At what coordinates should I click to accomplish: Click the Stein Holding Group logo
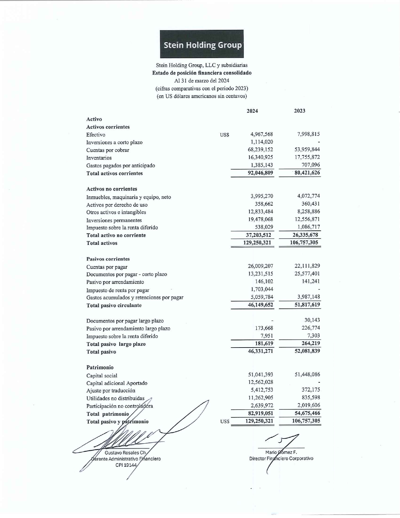[202, 44]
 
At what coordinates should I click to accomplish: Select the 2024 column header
[252, 111]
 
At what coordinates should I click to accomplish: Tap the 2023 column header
[299, 111]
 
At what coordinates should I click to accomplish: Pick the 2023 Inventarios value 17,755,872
[307, 157]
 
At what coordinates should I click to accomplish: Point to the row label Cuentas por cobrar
[108, 150]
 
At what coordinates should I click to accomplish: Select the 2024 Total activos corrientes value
[260, 173]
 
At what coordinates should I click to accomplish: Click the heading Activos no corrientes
[112, 189]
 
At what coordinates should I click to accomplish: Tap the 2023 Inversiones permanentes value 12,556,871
[307, 219]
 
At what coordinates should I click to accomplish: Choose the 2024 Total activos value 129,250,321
[257, 242]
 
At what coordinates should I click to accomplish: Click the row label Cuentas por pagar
[107, 267]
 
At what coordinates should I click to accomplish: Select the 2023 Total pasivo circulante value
[307, 305]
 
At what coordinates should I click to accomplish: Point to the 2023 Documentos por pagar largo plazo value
[312, 320]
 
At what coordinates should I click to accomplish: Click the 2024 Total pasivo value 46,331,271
[260, 351]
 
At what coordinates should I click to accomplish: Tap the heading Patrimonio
[100, 367]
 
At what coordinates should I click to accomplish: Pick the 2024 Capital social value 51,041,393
[260, 375]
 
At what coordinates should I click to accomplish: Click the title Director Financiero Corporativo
[281, 458]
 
